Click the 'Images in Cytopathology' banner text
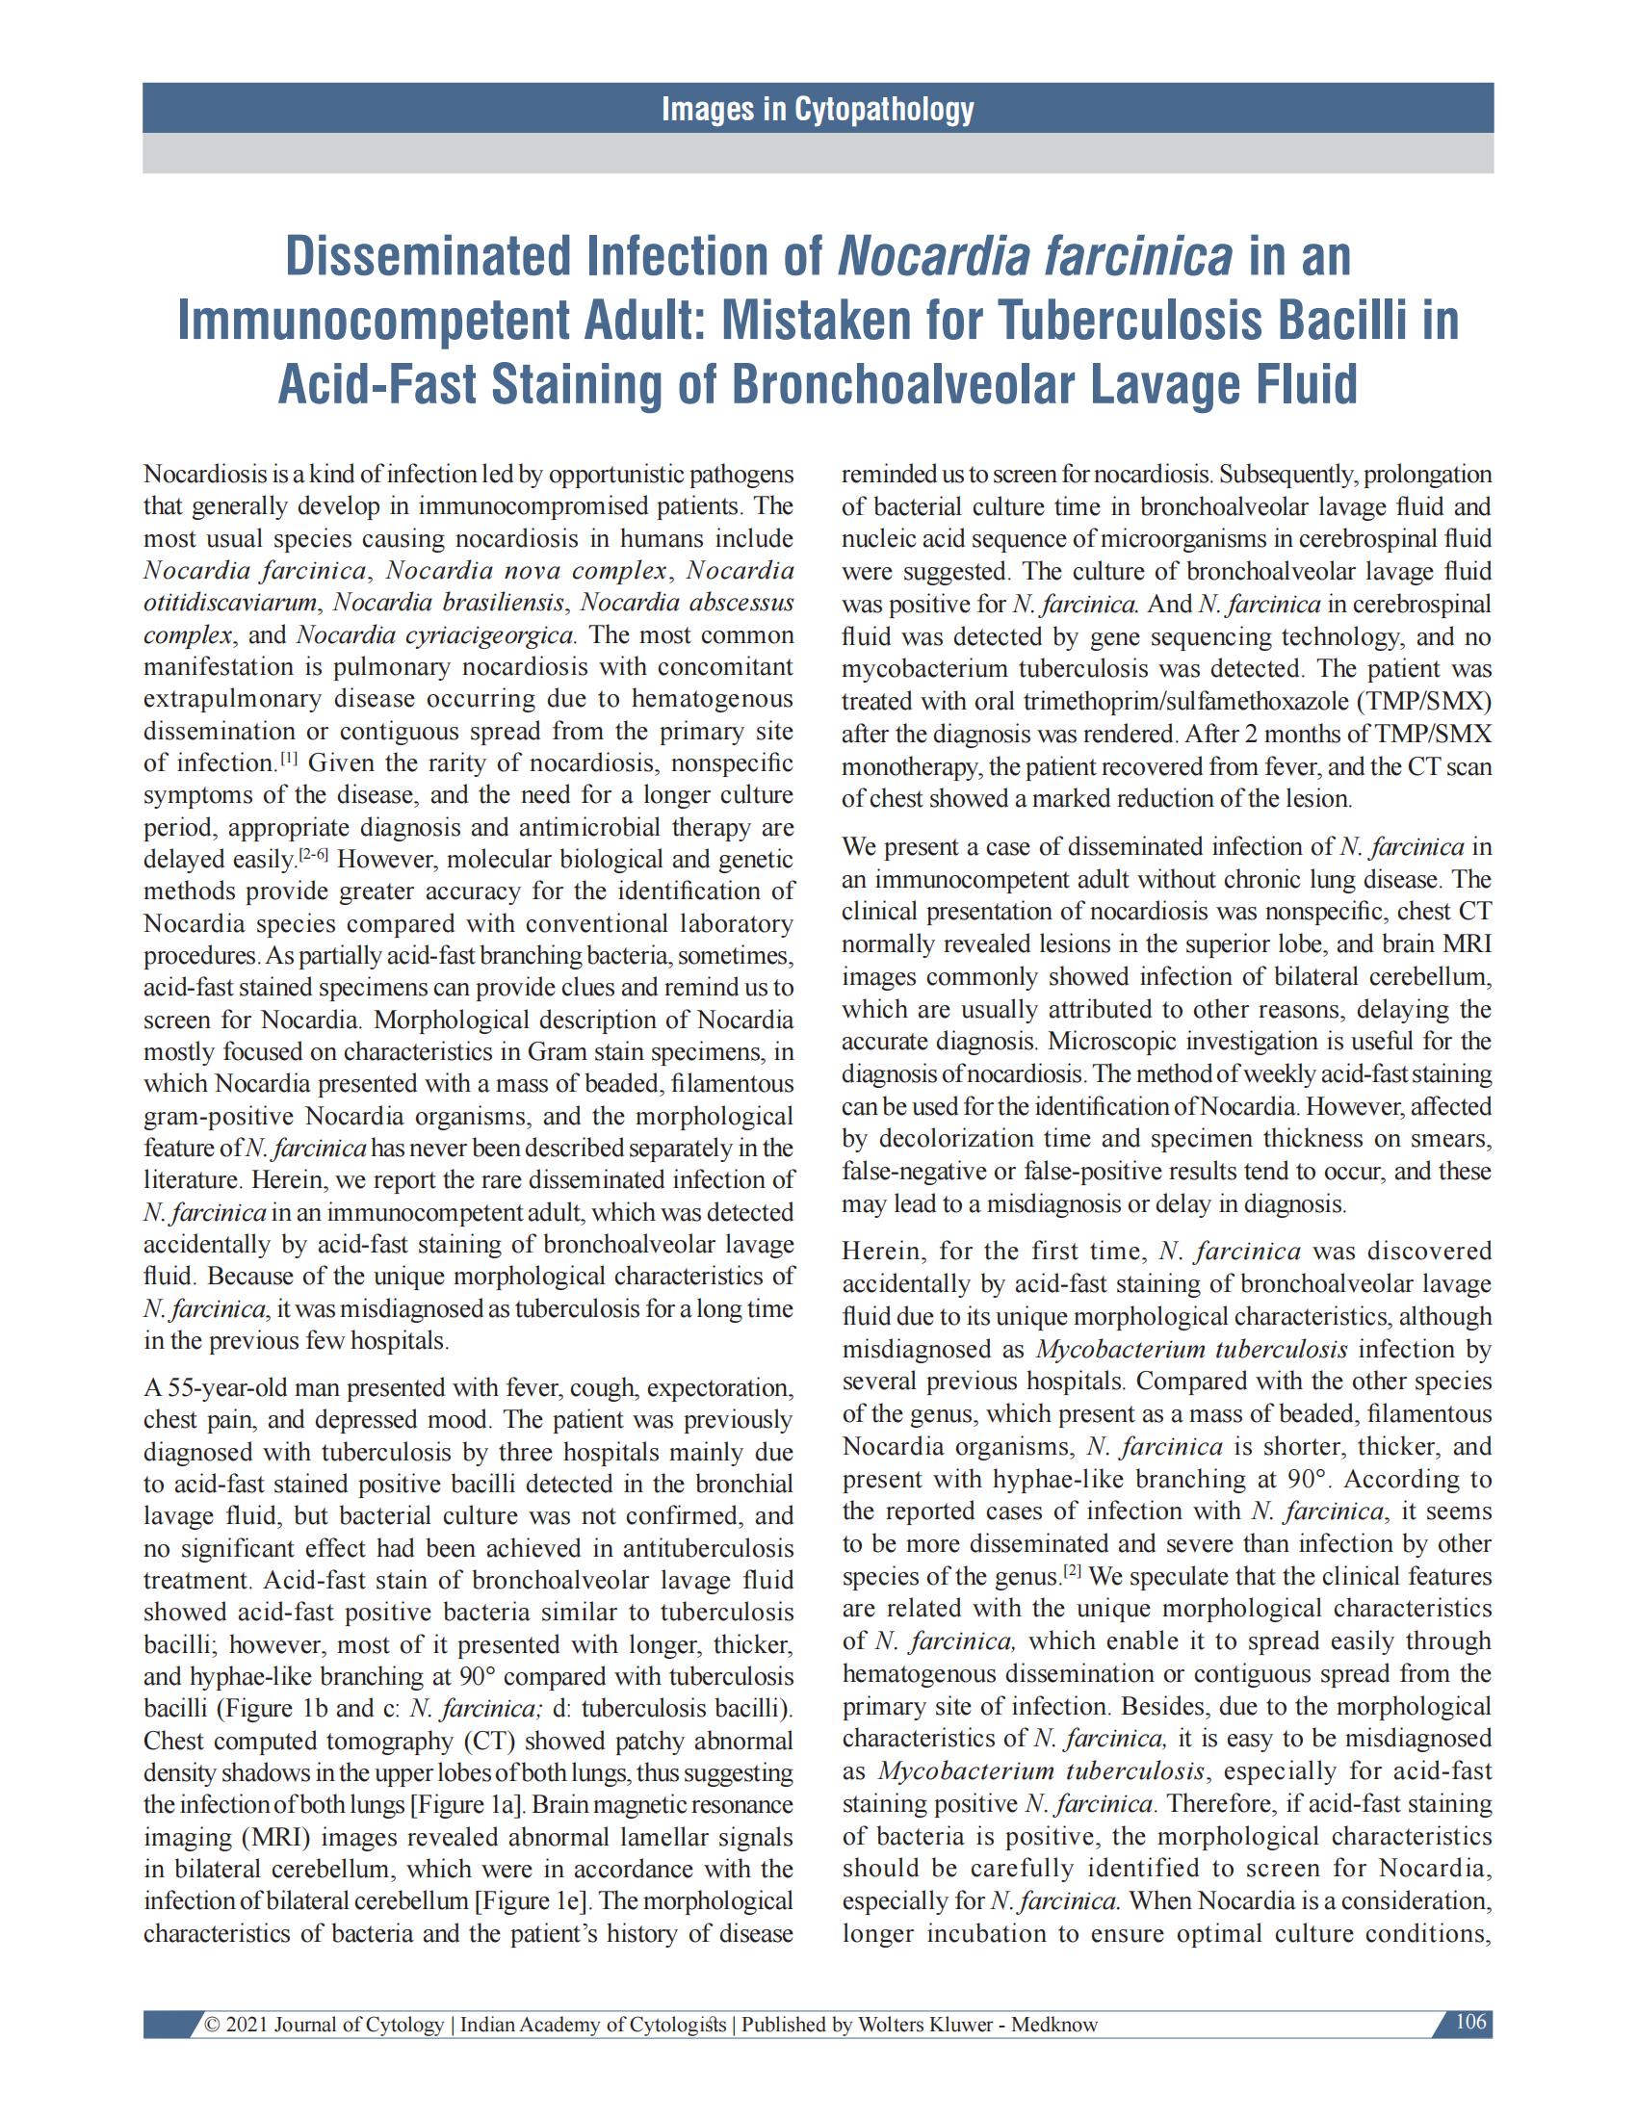point(818,110)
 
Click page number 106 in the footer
point(1471,2022)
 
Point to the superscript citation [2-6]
point(313,854)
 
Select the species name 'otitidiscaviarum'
point(230,603)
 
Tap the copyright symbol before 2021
point(210,2025)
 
